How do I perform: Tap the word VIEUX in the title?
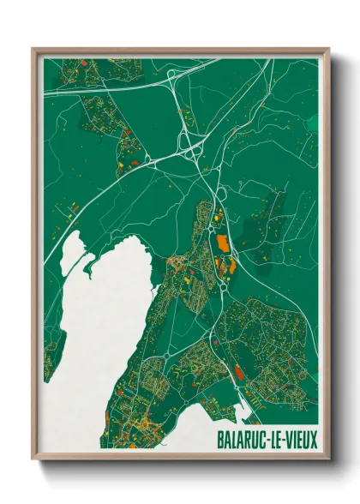299,441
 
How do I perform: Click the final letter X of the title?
313,441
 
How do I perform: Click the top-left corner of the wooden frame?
33,49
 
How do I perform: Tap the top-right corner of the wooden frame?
328,49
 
